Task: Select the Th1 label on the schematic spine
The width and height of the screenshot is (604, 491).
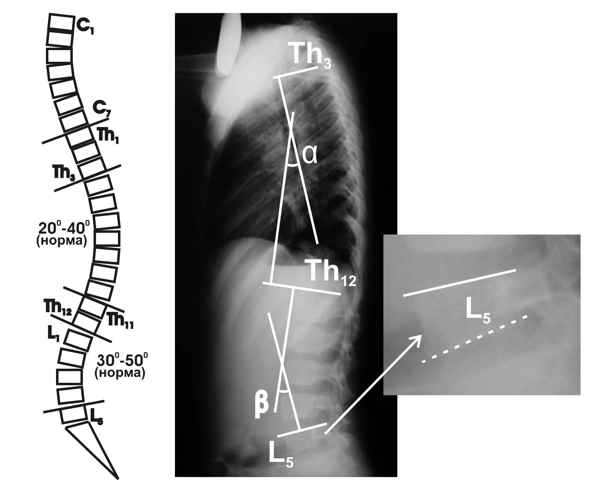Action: click(x=108, y=137)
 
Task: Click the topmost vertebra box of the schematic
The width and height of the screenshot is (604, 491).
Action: click(x=60, y=23)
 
